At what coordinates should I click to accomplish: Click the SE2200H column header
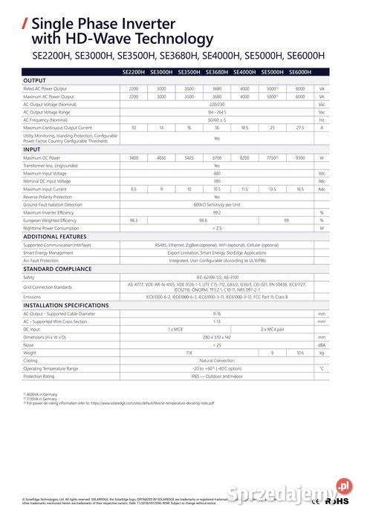point(133,72)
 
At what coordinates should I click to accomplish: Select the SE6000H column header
point(299,72)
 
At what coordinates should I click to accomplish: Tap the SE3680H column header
point(216,72)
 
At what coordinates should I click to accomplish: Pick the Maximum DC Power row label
point(43,158)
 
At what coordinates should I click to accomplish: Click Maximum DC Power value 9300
point(299,158)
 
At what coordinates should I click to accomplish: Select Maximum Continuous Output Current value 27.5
point(299,128)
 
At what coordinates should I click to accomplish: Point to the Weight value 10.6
point(299,353)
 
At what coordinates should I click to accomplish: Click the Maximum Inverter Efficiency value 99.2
point(216,212)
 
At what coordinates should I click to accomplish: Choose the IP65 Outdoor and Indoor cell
point(216,376)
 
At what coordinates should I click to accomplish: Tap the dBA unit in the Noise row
point(322,345)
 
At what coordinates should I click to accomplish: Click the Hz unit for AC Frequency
point(322,120)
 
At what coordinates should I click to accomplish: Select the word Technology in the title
point(176,39)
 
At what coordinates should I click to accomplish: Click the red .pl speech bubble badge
point(343,486)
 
